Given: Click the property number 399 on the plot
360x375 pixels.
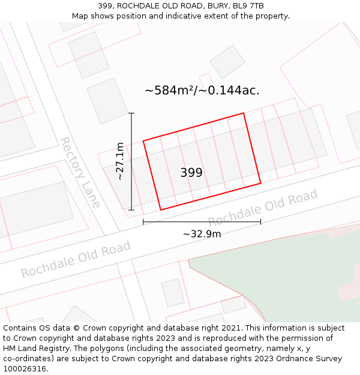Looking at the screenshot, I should (x=191, y=173).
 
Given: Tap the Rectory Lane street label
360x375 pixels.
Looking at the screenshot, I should (x=79, y=172).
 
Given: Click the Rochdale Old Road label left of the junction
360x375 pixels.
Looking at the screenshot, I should (x=76, y=259).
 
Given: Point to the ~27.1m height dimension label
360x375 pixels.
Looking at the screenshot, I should (x=120, y=161).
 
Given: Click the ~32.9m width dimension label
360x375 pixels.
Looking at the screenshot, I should (x=202, y=234).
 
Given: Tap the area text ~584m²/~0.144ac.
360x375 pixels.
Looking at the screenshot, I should (x=202, y=91).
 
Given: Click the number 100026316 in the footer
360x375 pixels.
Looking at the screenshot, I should (x=25, y=369).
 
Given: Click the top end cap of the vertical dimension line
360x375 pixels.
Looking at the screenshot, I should (x=131, y=113).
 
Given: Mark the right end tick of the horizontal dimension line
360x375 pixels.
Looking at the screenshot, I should (x=260, y=222).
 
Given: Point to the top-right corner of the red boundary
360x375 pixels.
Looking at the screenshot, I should (x=244, y=113).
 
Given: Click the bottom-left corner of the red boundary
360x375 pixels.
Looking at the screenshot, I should (x=160, y=210).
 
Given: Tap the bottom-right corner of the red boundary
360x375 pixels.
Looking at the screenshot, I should (x=260, y=183).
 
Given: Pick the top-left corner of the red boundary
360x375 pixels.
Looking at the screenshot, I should (x=143, y=141).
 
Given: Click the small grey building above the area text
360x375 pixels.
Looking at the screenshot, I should (x=227, y=61).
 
